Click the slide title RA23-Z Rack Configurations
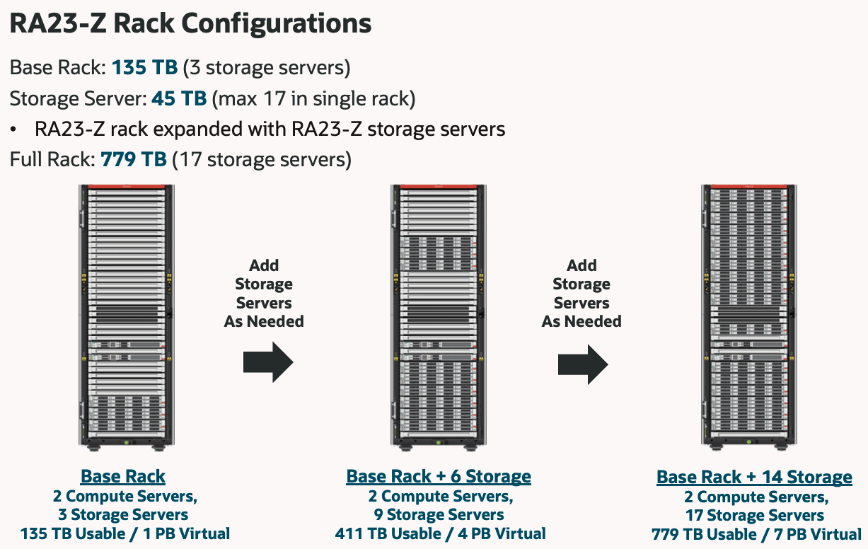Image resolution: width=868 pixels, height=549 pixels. click(x=190, y=23)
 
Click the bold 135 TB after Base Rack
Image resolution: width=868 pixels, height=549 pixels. click(x=144, y=68)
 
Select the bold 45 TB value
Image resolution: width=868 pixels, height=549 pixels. click(x=178, y=98)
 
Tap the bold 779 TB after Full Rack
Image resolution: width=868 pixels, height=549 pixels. click(x=134, y=159)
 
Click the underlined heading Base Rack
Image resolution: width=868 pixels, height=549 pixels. click(x=123, y=476)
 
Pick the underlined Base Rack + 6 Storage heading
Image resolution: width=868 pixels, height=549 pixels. click(x=439, y=476)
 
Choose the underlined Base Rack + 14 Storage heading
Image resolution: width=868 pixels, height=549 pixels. click(x=754, y=477)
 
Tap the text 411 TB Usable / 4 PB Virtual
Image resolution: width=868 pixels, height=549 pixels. click(x=439, y=533)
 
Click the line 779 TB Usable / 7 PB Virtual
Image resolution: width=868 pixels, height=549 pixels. click(x=756, y=533)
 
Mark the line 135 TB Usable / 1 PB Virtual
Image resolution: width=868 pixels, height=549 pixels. click(x=125, y=533)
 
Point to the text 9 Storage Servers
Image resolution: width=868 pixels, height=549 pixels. click(x=439, y=514)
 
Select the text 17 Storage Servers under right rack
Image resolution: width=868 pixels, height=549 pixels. click(x=755, y=515)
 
